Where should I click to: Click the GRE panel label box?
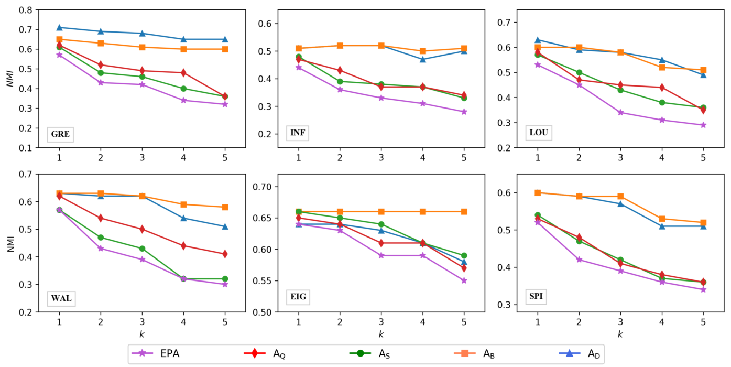tap(60, 135)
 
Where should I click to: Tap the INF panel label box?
tap(298, 133)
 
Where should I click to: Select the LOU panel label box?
tap(539, 133)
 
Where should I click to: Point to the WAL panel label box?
tap(61, 299)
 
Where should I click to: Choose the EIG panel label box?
tap(298, 297)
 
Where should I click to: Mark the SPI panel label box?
tap(536, 297)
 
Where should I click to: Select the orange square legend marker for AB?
tap(465, 353)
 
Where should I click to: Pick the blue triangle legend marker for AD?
tap(570, 353)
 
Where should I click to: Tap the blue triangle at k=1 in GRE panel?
tap(59, 27)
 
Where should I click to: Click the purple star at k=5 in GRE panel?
tap(225, 104)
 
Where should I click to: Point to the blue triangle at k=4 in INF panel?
tap(422, 59)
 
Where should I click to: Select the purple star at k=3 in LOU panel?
tap(620, 113)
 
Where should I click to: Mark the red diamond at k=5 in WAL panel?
tap(225, 254)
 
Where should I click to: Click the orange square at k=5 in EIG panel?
tap(464, 212)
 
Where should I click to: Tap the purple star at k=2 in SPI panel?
tap(579, 260)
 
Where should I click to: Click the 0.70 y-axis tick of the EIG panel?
tap(262, 187)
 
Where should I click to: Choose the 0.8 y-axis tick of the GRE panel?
tap(26, 10)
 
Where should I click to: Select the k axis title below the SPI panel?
tap(620, 334)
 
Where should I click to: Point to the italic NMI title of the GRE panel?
tap(10, 79)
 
